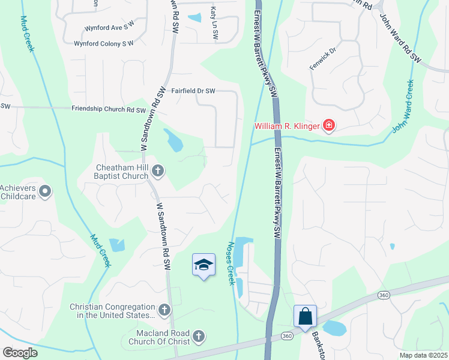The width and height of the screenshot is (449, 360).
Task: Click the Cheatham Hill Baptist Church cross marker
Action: click(x=157, y=172)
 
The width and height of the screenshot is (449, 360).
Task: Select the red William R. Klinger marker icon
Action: click(x=328, y=126)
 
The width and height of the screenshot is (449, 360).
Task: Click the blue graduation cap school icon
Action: click(x=203, y=265)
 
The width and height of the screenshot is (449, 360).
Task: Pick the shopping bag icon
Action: click(x=305, y=316)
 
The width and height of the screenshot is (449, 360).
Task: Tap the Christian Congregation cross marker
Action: click(x=164, y=310)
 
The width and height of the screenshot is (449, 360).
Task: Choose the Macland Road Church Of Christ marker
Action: click(x=199, y=337)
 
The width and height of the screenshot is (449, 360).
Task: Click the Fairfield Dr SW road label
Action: click(x=193, y=91)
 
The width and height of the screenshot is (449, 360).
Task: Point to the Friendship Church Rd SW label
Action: click(x=109, y=110)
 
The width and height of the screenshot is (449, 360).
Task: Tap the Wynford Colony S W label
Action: click(x=104, y=43)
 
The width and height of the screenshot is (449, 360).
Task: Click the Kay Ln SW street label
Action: click(x=214, y=24)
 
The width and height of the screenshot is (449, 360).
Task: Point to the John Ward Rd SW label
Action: click(x=401, y=38)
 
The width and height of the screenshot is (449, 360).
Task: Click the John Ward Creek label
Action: click(x=403, y=106)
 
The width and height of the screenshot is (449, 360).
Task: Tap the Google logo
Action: click(x=20, y=352)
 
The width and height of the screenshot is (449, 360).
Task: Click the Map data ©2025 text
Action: click(x=423, y=355)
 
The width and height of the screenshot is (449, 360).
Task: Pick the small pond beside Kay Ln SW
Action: click(x=194, y=18)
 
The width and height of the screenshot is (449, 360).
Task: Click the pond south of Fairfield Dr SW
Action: click(x=174, y=142)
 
